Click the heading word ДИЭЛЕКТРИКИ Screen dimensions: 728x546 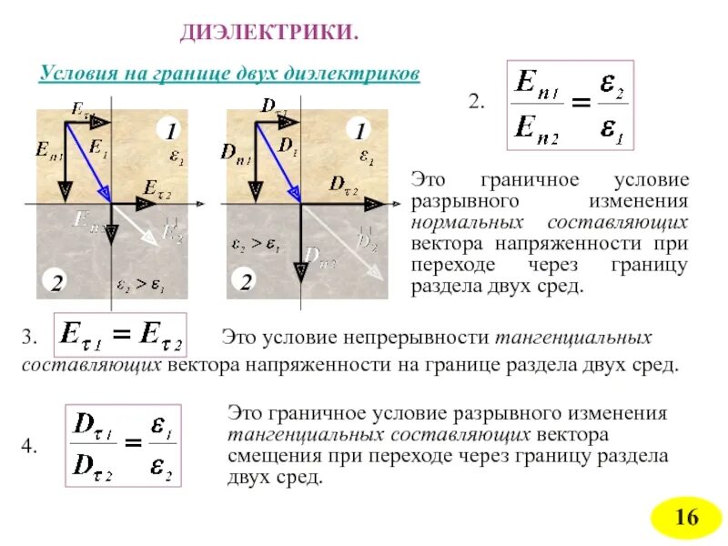(x=269, y=33)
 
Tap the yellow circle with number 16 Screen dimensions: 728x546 (x=685, y=518)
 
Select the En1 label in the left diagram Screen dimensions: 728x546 (x=50, y=150)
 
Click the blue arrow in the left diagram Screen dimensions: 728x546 (x=92, y=160)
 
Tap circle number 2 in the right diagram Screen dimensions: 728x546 (x=246, y=282)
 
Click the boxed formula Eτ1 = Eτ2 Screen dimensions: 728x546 (x=120, y=336)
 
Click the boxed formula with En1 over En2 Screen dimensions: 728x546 (x=569, y=106)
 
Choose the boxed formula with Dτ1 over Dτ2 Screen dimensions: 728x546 (x=124, y=446)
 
